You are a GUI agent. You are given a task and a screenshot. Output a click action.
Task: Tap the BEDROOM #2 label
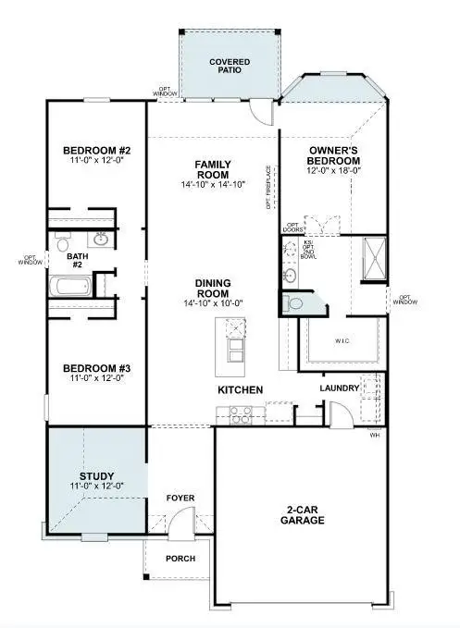coord(96,150)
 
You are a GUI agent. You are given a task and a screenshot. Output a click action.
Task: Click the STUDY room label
coord(96,477)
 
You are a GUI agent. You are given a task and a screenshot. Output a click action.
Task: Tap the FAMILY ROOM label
coord(212,169)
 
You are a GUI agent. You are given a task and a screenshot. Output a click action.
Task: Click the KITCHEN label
coord(241,390)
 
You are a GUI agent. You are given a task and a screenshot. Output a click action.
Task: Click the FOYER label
coord(180,499)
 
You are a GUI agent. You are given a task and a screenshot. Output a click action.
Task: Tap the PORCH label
coord(180,559)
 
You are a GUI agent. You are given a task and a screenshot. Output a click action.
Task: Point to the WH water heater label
coord(375,434)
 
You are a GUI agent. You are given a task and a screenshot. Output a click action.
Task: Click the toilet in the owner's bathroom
coord(296,302)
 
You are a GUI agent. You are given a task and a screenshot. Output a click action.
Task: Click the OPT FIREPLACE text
coord(268,186)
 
